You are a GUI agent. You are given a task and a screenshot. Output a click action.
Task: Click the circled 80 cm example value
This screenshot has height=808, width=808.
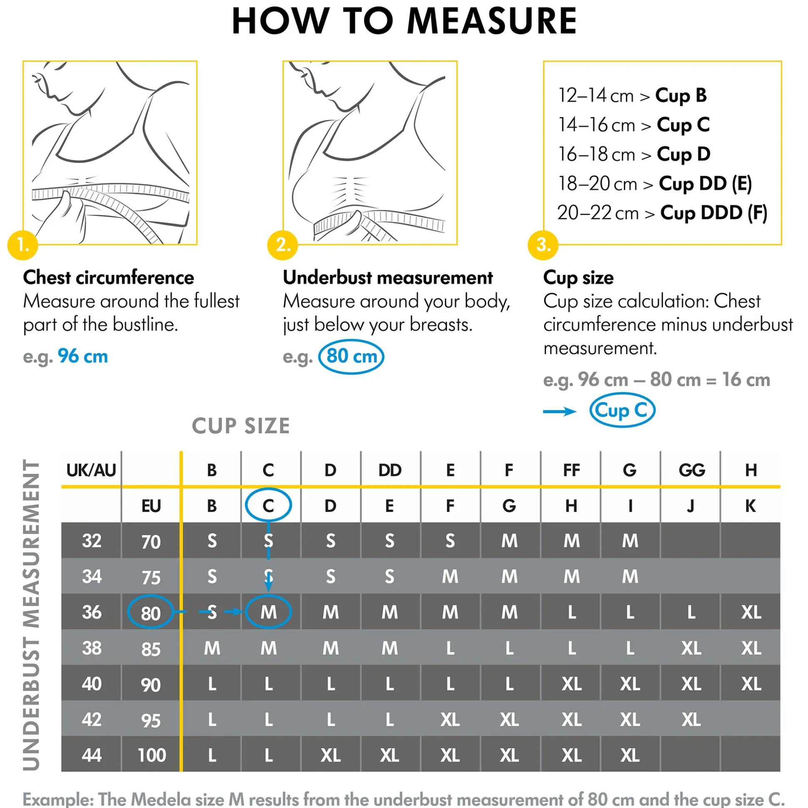351,356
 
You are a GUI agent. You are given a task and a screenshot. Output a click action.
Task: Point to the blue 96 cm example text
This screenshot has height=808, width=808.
82,356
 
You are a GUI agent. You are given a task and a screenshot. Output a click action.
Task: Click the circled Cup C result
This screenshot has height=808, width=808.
622,410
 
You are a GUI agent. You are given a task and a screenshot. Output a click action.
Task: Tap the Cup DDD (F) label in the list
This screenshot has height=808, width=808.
713,213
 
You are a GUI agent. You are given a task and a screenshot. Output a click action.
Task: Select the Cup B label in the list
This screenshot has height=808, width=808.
681,95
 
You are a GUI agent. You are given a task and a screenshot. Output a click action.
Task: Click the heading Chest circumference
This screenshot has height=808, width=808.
108,277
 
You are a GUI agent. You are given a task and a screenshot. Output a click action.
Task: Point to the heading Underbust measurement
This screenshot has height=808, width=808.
387,277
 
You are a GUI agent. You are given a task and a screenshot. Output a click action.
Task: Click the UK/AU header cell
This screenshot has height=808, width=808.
91,470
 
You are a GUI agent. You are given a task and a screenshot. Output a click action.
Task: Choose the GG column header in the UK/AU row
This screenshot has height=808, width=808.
691,470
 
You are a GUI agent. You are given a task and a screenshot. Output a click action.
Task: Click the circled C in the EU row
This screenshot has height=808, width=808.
268,506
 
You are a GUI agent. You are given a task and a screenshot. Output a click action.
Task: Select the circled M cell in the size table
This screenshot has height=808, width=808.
268,612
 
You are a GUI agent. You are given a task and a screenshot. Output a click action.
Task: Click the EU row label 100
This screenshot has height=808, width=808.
152,755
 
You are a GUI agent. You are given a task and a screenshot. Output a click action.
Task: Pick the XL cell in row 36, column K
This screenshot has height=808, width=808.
751,612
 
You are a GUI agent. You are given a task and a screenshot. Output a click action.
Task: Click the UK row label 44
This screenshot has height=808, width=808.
92,755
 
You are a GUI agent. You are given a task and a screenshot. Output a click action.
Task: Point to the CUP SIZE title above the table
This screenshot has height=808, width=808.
241,426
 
